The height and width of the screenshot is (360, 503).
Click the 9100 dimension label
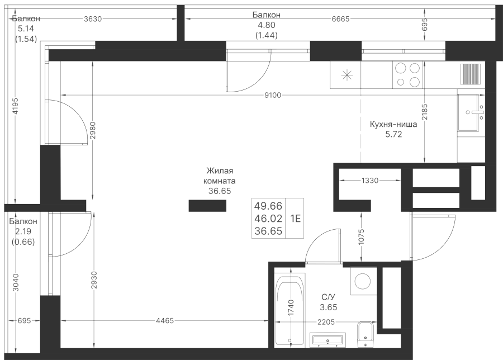pos(273,96)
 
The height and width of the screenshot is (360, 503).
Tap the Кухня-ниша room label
pos(393,126)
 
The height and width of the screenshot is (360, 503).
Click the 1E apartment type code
pos(295,218)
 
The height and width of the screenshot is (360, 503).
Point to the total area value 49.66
pos(268,206)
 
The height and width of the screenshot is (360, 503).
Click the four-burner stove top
pos(407,75)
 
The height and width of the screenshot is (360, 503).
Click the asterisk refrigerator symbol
pos(346,75)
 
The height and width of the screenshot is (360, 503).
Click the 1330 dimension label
pos(370,180)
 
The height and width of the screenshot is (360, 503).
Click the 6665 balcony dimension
pos(340,18)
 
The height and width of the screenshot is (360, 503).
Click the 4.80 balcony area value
pos(267,25)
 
